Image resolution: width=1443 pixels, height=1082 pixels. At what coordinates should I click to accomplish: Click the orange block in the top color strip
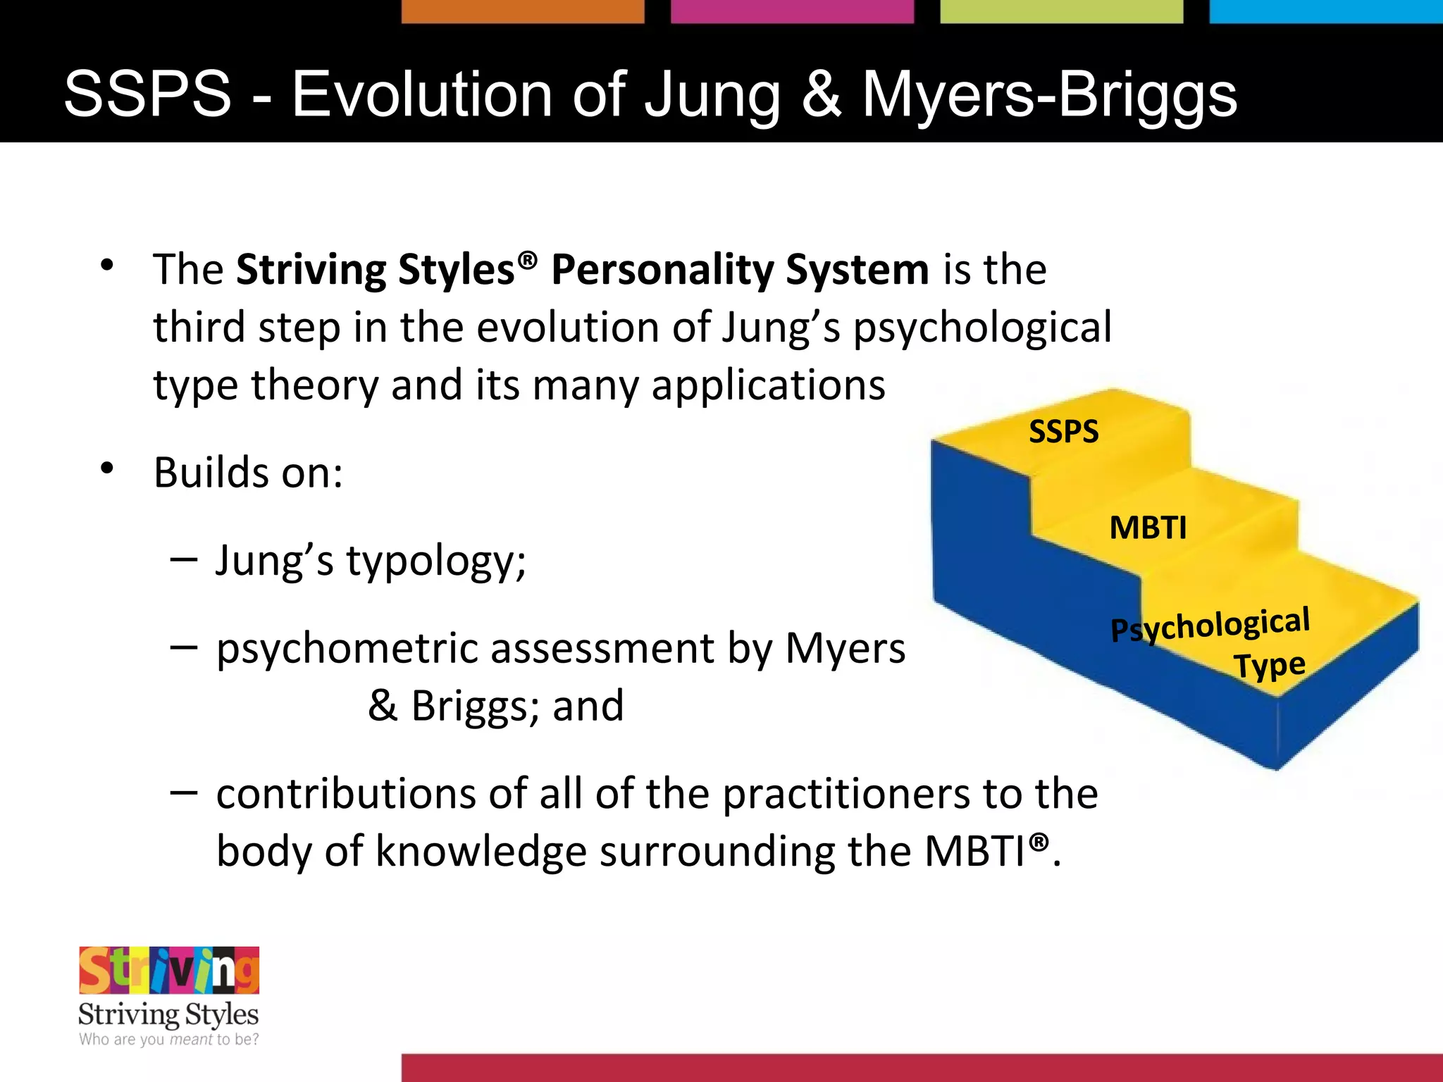(x=522, y=11)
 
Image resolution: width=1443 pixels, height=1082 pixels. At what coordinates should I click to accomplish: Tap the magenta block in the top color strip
(x=792, y=11)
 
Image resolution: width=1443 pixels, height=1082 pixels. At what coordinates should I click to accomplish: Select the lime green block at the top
(x=1061, y=11)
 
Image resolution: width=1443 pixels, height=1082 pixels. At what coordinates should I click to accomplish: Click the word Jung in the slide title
(x=712, y=96)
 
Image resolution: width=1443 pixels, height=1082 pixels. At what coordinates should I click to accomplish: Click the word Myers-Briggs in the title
(x=1050, y=96)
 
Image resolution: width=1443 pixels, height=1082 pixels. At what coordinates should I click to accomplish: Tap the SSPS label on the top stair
(x=1063, y=431)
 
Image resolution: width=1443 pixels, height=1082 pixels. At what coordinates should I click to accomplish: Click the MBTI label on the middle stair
(x=1148, y=528)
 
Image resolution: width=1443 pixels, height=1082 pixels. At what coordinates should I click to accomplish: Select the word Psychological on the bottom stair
(x=1210, y=625)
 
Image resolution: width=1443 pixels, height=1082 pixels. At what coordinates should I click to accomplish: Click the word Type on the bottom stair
(x=1269, y=666)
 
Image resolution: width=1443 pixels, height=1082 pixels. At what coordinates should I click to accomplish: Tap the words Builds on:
(x=248, y=473)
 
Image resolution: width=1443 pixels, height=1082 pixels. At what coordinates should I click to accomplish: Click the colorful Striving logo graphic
(x=169, y=970)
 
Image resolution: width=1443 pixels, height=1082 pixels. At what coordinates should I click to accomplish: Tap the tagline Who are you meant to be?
(x=168, y=1040)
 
